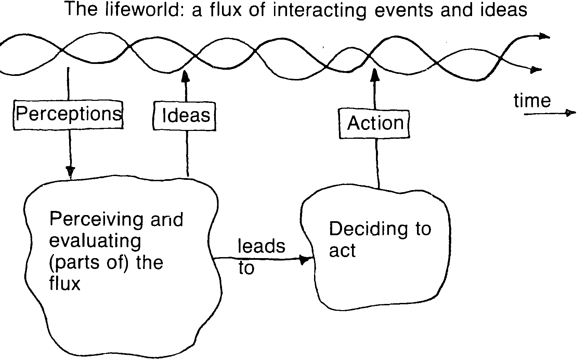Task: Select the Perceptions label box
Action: [x=68, y=114]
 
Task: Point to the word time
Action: [x=532, y=101]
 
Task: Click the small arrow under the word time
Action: [x=569, y=113]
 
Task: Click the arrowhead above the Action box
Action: [x=375, y=75]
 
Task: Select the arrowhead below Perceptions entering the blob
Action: [x=70, y=171]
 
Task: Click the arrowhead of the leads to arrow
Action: [x=304, y=260]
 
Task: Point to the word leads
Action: [x=261, y=246]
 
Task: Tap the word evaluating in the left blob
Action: [x=95, y=241]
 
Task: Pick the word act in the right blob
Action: [x=342, y=251]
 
